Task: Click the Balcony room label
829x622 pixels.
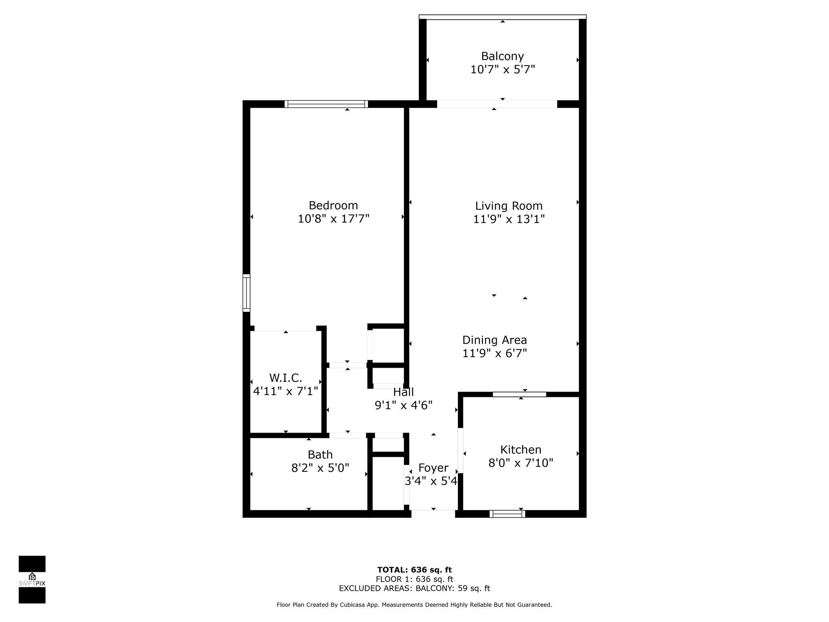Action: coord(502,56)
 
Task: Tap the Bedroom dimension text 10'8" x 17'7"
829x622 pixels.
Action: coord(334,219)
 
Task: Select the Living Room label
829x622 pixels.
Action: coord(508,206)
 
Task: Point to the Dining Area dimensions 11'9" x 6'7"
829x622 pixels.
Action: coord(495,354)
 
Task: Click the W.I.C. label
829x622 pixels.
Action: coord(285,378)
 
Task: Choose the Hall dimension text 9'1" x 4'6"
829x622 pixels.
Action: coord(404,405)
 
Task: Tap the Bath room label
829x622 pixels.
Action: coord(320,454)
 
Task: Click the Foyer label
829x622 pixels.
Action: coord(433,468)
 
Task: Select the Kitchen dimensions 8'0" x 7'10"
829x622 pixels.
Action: coord(521,463)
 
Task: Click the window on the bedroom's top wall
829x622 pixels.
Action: coord(326,104)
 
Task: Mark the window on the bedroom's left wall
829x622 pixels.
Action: coord(246,293)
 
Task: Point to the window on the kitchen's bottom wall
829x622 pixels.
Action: coord(507,514)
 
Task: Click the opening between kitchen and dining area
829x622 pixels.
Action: coord(519,394)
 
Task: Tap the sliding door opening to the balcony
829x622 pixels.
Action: coord(497,104)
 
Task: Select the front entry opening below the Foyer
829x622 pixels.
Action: coord(433,514)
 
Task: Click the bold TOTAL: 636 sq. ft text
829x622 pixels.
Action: coord(414,570)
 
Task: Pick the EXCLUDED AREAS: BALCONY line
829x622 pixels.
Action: coord(414,588)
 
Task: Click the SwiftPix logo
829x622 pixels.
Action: coord(32,579)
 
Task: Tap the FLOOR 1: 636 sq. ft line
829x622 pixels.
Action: coord(414,579)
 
